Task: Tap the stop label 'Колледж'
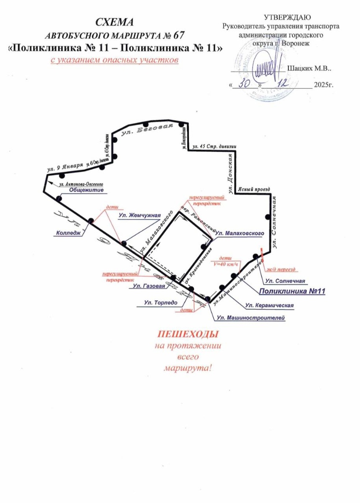pos(66,233)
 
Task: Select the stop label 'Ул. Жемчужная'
pos(139,216)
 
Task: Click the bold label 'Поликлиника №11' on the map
pos(292,291)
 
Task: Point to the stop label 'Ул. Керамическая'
pos(269,305)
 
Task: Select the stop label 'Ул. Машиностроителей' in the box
pos(250,318)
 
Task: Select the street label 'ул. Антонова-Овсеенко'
pos(81,183)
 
